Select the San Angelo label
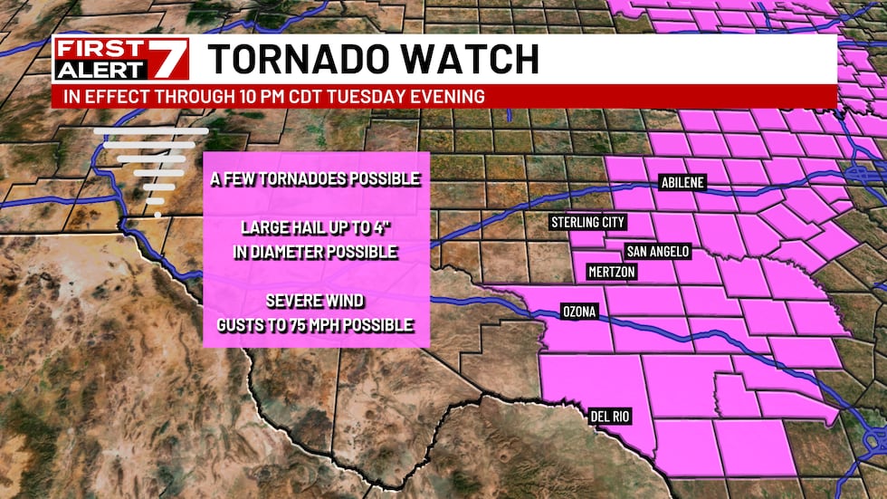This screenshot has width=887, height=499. tap(658, 252)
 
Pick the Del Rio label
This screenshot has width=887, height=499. tap(609, 417)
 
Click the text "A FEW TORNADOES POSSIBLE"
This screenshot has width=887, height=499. tap(315, 179)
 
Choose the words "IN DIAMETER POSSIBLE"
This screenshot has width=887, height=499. tap(315, 252)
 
